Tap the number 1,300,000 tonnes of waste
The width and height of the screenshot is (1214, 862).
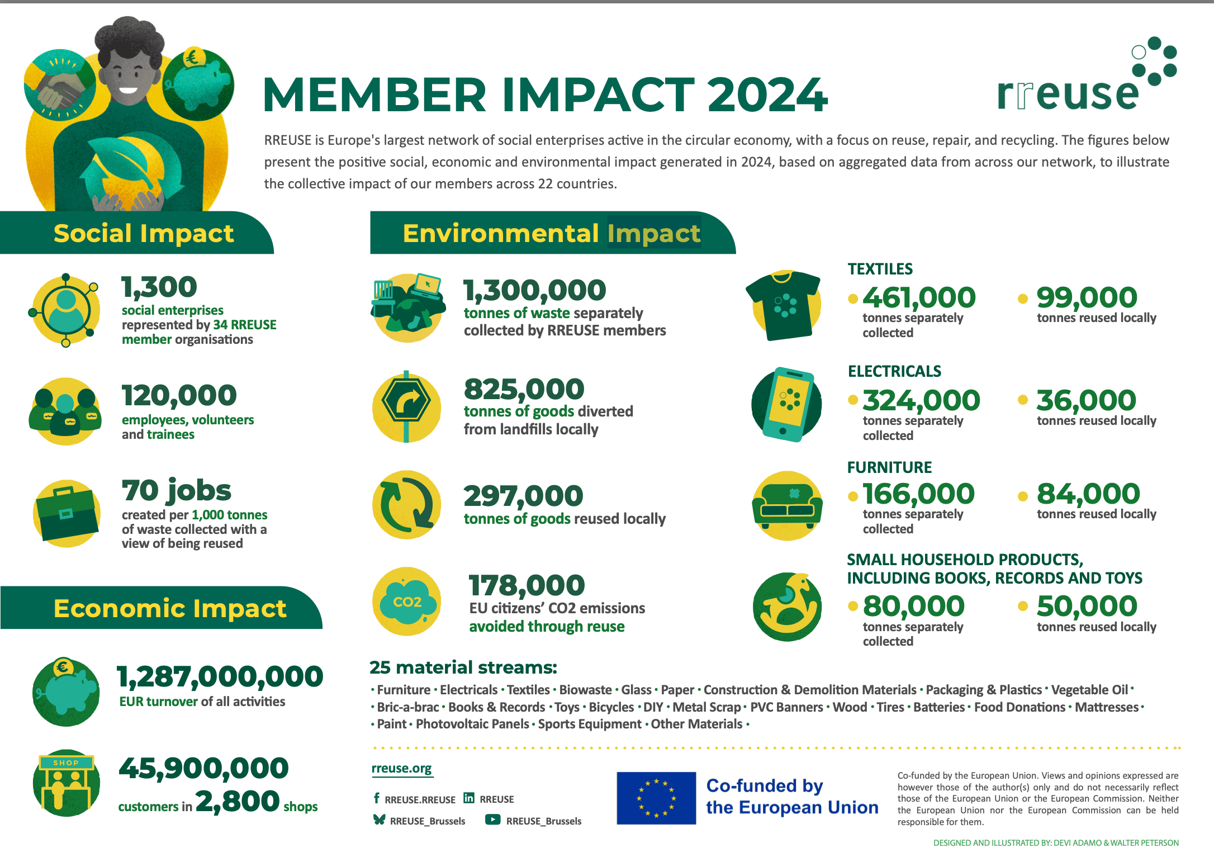[x=535, y=290]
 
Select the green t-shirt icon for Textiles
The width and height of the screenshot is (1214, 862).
[x=784, y=305]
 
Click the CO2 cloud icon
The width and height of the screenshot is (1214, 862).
[x=406, y=602]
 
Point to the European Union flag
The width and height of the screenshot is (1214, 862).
[x=656, y=798]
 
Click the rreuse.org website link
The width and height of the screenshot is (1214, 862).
[x=401, y=769]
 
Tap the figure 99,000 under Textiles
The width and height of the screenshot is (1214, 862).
[x=1087, y=297]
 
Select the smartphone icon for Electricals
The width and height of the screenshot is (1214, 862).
[x=787, y=404]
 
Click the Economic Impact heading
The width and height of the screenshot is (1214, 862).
[x=169, y=608]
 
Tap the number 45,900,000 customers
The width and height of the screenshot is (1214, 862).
[x=203, y=768]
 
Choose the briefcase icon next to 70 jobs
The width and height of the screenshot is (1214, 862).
[x=67, y=513]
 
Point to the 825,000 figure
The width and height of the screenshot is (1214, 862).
[x=524, y=389]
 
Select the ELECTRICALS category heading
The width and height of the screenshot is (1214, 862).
[x=894, y=371]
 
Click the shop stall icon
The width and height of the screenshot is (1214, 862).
[x=66, y=783]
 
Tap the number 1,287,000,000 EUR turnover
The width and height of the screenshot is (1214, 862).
[x=220, y=676]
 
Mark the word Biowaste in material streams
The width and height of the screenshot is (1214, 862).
[x=585, y=690]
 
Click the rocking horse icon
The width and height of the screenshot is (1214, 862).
[x=787, y=606]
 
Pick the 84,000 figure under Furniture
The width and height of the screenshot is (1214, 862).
[x=1088, y=494]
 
